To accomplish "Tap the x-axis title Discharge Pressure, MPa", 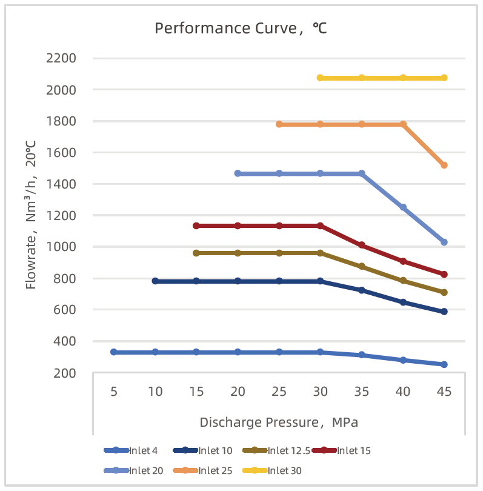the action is point(279,423).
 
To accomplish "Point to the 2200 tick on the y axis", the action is point(61,58).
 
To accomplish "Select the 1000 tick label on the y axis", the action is point(61,247).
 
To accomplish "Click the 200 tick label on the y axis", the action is point(64,373).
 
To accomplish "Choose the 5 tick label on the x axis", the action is point(113,392).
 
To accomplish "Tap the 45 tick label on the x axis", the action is point(444,392).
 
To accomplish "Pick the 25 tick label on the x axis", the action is point(279,392).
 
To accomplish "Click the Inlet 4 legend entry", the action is point(130,450).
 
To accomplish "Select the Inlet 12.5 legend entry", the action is point(276,450).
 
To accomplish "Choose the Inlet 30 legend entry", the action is point(272,470).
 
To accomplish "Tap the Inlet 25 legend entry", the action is point(202,470).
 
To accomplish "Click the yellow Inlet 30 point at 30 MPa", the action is point(320,78).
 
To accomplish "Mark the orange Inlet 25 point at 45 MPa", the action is point(444,165).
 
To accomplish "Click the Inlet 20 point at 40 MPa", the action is point(403,207).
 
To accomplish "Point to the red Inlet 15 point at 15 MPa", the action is point(196,225).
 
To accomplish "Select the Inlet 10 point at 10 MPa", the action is point(155,281).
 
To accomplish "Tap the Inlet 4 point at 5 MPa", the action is point(113,352).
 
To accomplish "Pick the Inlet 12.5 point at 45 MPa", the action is point(444,292).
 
